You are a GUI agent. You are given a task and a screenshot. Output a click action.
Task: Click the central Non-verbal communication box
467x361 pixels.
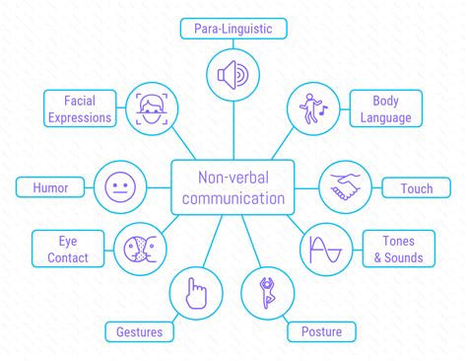(233, 186)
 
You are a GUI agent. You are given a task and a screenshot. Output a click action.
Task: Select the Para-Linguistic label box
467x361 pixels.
(233, 27)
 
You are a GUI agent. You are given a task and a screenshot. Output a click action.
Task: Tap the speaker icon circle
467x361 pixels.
(233, 75)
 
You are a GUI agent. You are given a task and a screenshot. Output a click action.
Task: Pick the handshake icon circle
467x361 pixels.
(346, 186)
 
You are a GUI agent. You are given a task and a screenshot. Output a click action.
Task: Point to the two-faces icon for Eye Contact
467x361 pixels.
(139, 248)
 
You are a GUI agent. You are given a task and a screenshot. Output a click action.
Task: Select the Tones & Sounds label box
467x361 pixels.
(397, 249)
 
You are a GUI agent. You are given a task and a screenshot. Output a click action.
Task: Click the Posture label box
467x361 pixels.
(320, 331)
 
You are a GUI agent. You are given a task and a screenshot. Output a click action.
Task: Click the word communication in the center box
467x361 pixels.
(233, 198)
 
